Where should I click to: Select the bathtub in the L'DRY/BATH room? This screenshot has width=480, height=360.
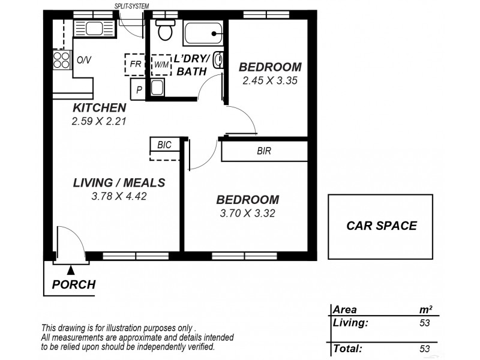tap(203, 32)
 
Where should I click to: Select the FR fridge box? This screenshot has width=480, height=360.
tap(135, 64)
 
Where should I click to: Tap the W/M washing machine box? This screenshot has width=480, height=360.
tap(161, 64)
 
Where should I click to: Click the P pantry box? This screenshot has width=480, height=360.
tap(139, 89)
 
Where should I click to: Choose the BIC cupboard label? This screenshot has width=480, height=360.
tap(164, 145)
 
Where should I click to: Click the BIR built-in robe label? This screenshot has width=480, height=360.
tap(263, 151)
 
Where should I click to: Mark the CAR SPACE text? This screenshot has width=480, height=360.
tap(382, 226)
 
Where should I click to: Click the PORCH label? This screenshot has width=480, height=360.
tap(74, 284)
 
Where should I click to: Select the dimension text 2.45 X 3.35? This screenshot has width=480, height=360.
tap(270, 80)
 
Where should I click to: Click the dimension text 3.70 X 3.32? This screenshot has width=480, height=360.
tap(247, 212)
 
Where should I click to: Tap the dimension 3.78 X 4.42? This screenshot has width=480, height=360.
tap(119, 196)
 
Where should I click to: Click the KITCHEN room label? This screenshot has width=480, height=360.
tap(99, 108)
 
